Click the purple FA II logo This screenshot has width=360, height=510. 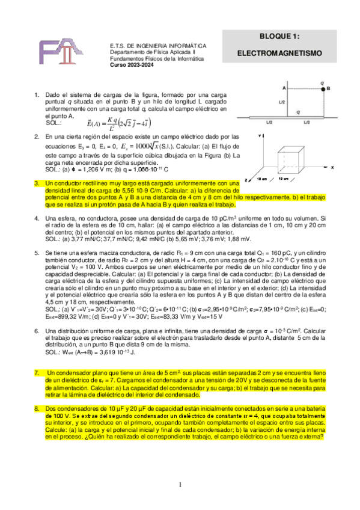click(62, 55)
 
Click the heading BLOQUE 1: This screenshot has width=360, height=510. click(279, 36)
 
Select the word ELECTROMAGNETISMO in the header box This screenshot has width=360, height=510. click(279, 54)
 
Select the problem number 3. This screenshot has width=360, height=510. click(37, 182)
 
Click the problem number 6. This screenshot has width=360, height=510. click(37, 331)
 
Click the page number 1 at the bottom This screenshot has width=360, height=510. click(180, 485)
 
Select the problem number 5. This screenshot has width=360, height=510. click(37, 254)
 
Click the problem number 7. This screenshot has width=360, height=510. click(37, 373)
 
